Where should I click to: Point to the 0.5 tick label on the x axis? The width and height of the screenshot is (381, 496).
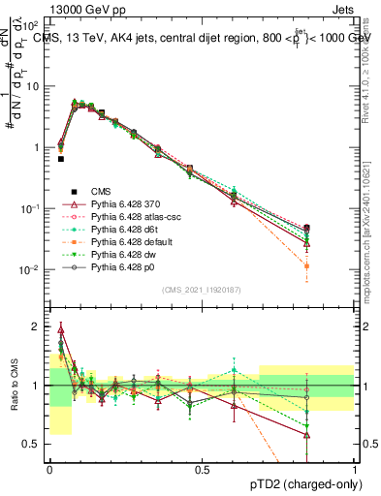[x=202, y=469]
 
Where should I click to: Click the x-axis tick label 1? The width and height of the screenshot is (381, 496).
[x=355, y=469]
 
